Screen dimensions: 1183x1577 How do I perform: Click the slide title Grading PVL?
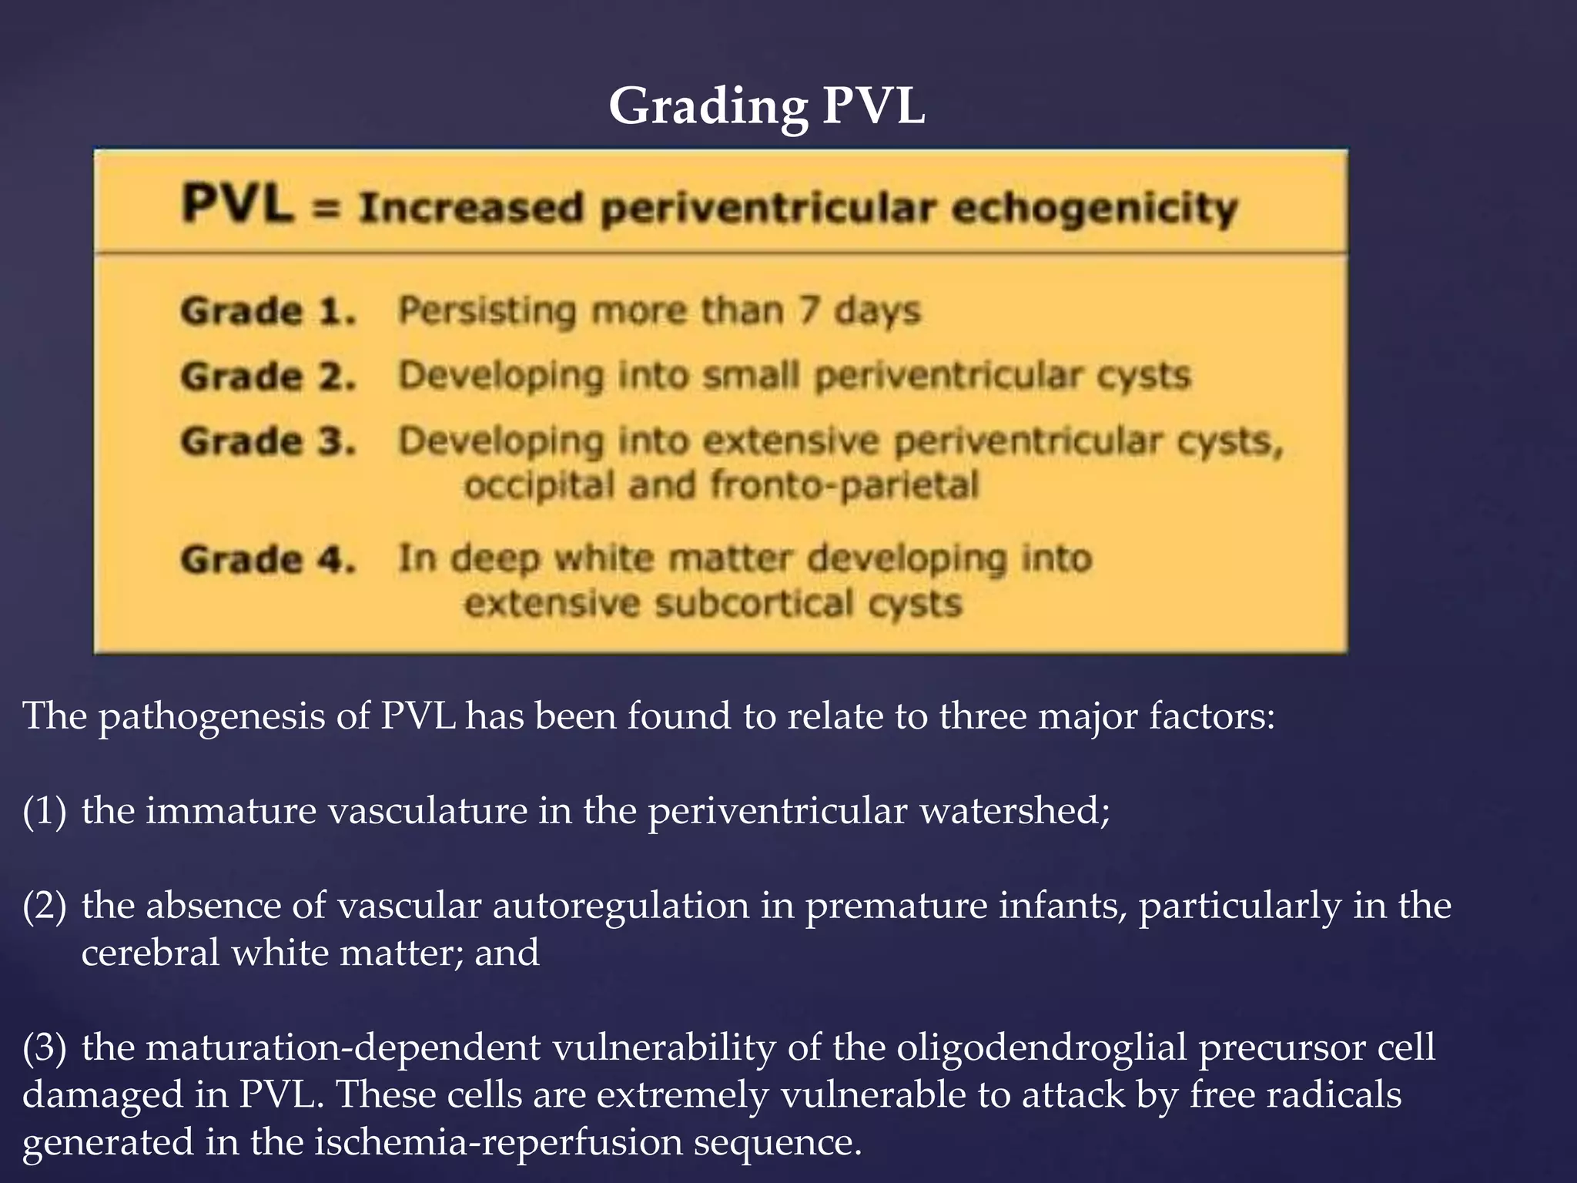766,106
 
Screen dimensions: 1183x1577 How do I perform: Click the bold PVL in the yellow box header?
237,206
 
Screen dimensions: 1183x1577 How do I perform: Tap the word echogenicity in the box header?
1093,209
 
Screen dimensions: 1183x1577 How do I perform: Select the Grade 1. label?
268,311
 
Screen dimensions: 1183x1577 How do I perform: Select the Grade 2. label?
268,377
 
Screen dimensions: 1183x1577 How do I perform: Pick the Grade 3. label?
268,441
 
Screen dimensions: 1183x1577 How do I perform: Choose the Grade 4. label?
268,559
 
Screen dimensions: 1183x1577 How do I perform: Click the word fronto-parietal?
844,486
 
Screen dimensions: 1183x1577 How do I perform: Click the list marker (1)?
45,811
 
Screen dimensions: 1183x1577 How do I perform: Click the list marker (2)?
45,906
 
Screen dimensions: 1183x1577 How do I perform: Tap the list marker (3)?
45,1047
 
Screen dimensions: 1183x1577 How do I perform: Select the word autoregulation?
621,906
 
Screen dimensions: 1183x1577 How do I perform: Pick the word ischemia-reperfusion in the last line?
498,1142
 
